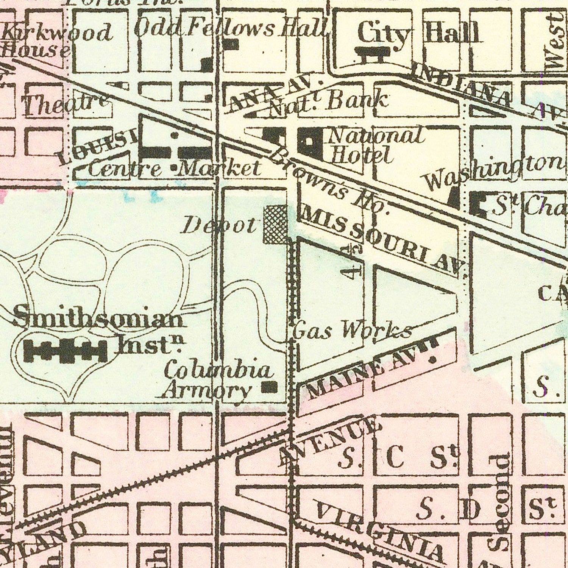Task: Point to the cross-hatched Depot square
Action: point(275,225)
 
